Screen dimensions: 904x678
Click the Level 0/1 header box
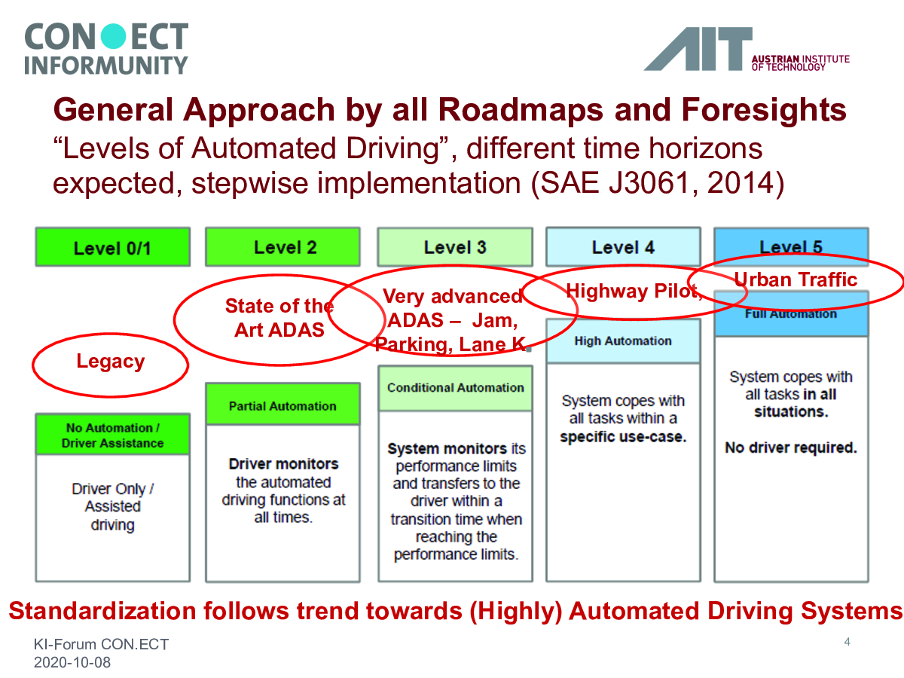click(x=113, y=247)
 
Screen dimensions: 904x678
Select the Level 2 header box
click(x=283, y=247)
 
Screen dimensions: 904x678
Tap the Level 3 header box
click(x=455, y=247)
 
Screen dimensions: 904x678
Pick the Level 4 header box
click(x=623, y=247)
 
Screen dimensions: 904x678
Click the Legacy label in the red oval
click(x=111, y=362)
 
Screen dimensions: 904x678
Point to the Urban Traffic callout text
click(x=796, y=279)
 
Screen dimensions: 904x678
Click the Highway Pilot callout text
click(x=634, y=291)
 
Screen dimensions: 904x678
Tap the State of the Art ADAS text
click(x=279, y=318)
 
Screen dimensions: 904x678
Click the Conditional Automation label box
click(x=455, y=388)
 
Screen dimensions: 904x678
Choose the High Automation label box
click(x=623, y=341)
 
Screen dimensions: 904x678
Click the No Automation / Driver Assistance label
click(x=113, y=435)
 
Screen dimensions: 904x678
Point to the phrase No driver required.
click(x=791, y=447)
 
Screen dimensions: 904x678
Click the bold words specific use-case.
click(x=623, y=437)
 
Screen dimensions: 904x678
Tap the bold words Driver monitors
click(x=283, y=464)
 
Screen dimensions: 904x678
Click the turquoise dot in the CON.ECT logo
click(x=113, y=36)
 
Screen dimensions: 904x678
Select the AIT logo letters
click(x=698, y=49)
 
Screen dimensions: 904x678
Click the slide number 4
click(x=847, y=642)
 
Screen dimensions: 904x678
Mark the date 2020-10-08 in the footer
click(x=72, y=662)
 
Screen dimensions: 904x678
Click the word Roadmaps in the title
click(x=521, y=110)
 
